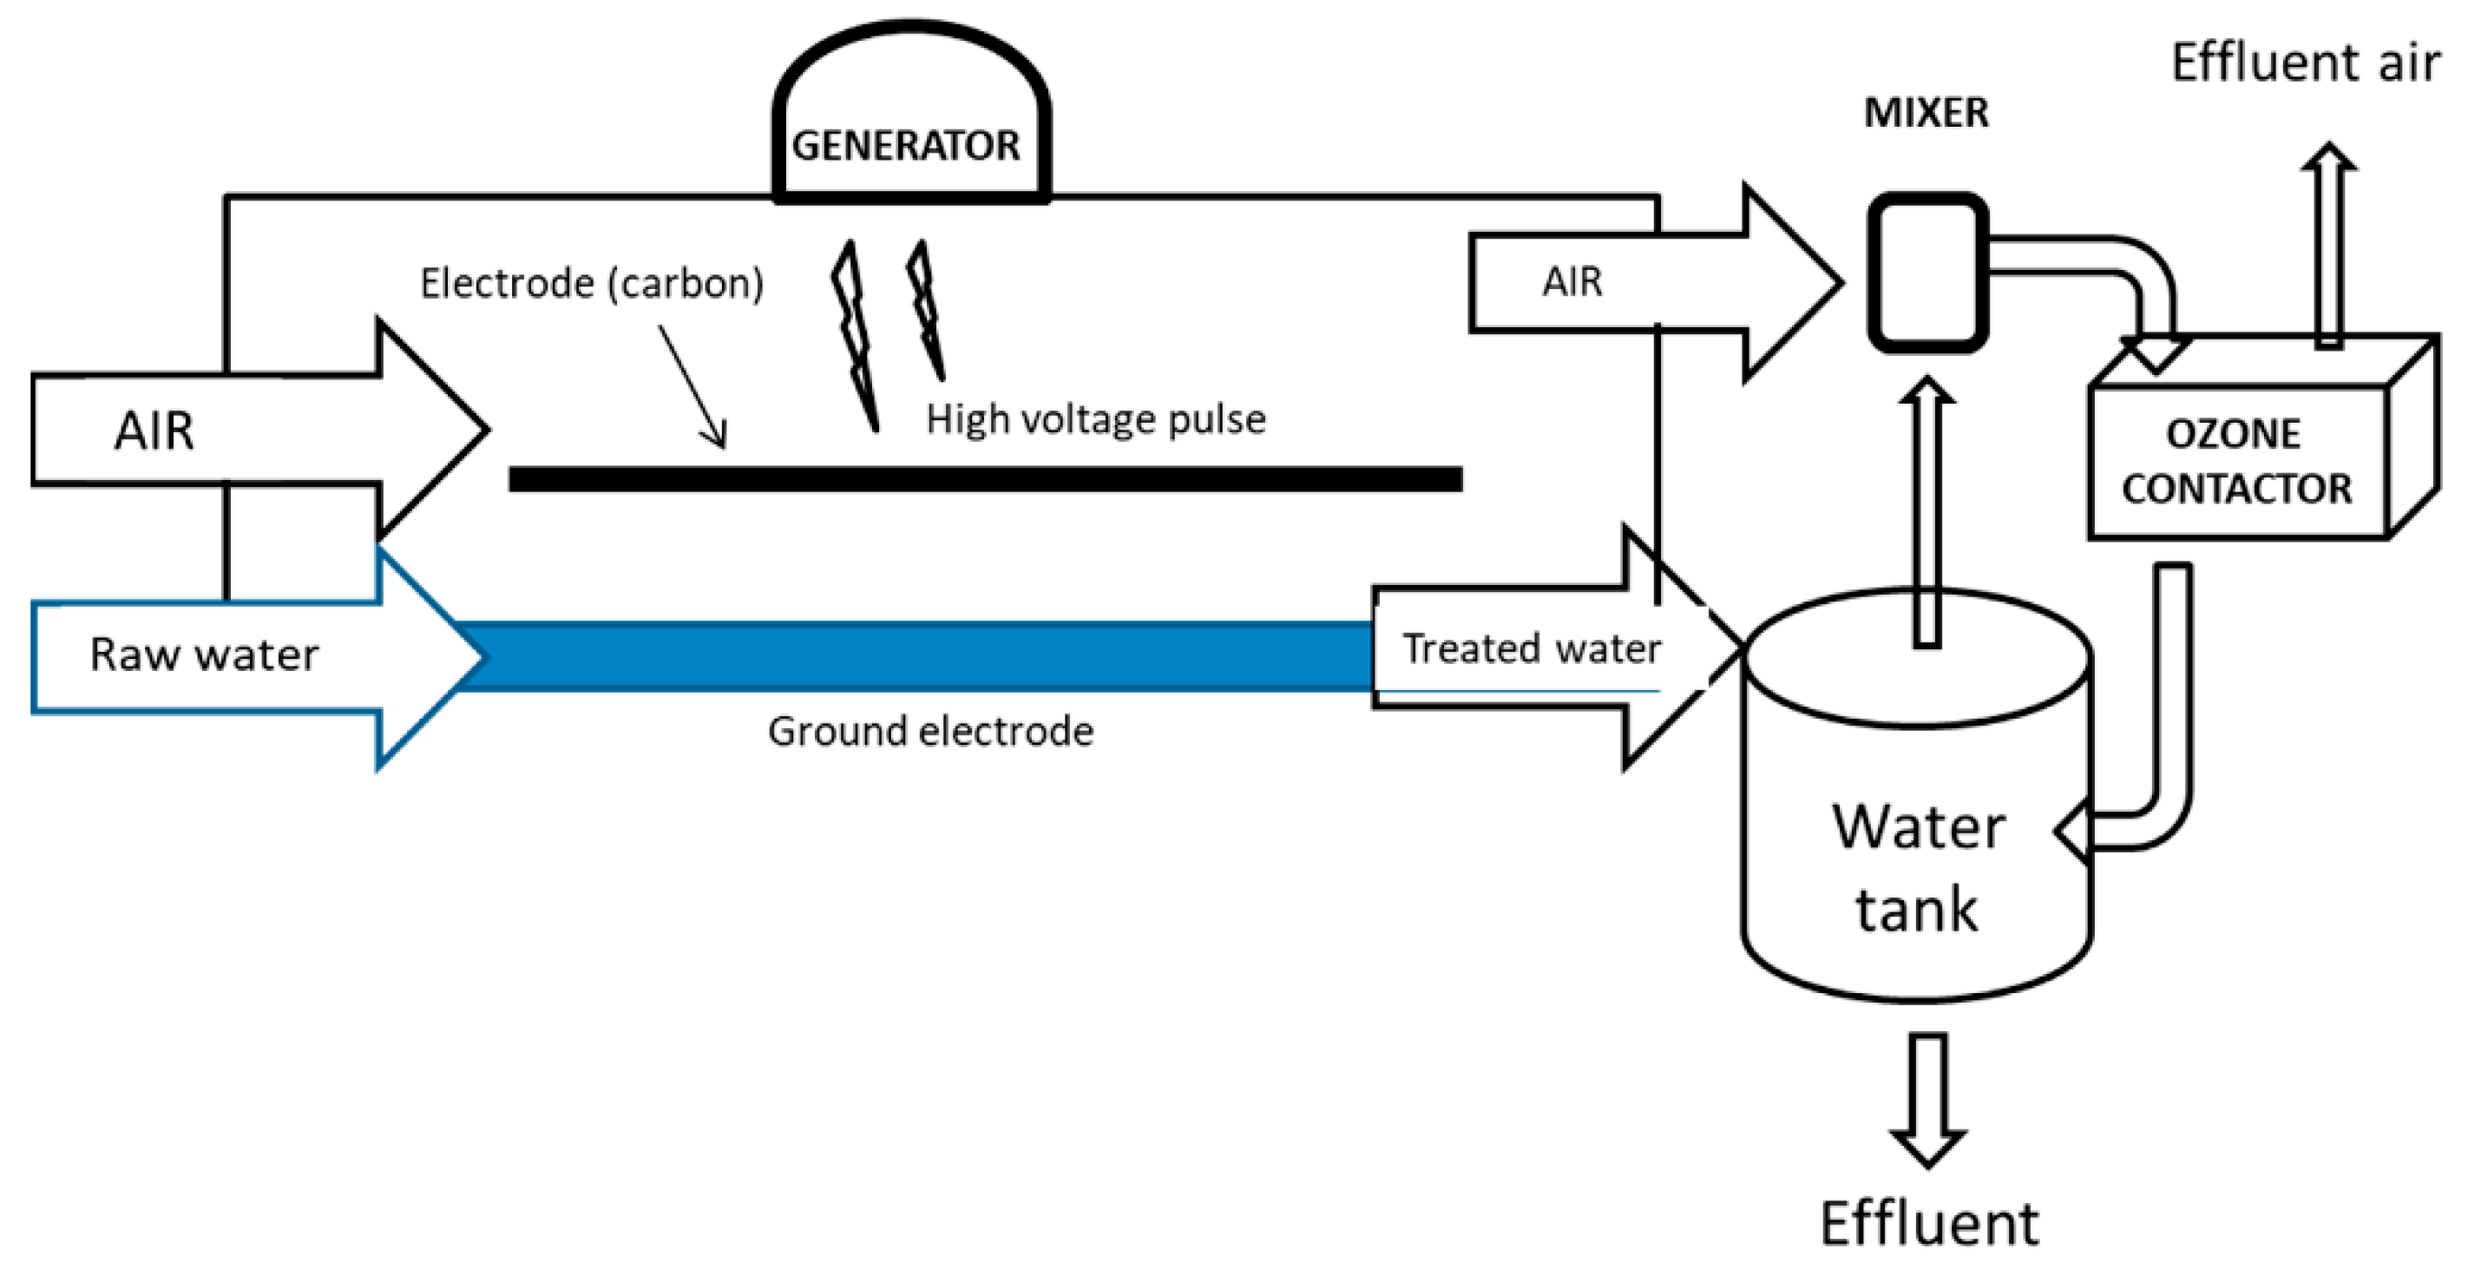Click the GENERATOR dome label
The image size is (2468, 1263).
pos(905,146)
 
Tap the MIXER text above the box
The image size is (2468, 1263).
pos(1926,113)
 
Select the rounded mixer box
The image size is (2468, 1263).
pos(1927,273)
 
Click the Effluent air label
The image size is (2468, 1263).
pos(2305,63)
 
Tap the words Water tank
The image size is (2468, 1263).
pos(1918,867)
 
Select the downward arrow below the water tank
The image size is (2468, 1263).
pos(1927,1100)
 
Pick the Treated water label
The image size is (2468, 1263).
pos(1531,648)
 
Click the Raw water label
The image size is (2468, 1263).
pos(204,655)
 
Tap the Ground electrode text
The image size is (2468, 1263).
pos(930,731)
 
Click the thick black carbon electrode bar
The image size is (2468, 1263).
pos(985,479)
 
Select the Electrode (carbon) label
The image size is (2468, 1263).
pos(592,283)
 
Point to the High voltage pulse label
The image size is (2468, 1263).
pos(1096,418)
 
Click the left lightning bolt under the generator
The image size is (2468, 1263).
pos(855,335)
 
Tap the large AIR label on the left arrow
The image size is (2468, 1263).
pos(154,431)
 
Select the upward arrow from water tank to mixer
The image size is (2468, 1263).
pos(1926,513)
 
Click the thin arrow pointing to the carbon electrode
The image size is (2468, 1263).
pos(692,387)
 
